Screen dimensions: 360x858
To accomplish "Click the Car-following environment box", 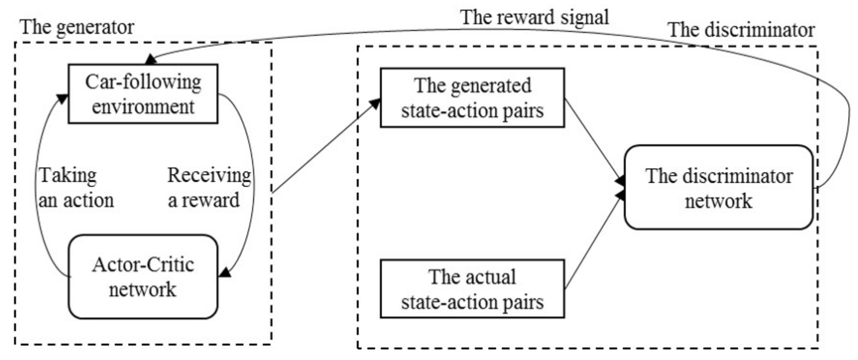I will (x=143, y=94).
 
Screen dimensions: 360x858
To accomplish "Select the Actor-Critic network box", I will (x=143, y=277).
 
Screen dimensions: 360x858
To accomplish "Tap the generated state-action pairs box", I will (x=472, y=98).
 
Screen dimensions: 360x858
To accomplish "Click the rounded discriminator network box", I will (x=719, y=187).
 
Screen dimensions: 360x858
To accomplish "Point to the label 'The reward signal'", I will (x=535, y=17).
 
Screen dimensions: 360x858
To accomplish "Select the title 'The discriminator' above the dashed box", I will (x=741, y=30).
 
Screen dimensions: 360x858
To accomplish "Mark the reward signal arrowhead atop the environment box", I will (x=151, y=60).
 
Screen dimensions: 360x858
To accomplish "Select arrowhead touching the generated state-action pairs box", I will (x=375, y=103).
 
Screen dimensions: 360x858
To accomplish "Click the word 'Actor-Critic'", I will (x=143, y=265).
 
